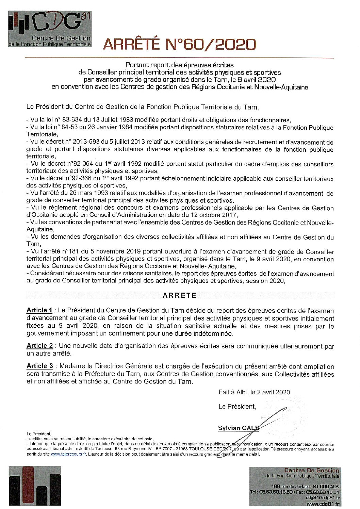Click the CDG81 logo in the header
tap(50, 29)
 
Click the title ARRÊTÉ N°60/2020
tap(179, 44)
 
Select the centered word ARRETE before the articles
tap(179, 295)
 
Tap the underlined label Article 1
tap(39, 310)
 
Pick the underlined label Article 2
tap(39, 346)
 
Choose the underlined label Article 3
tap(39, 366)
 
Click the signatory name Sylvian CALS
tap(238, 428)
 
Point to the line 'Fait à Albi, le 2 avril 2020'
tap(254, 392)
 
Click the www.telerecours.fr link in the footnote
tap(69, 454)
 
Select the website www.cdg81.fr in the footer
tap(323, 504)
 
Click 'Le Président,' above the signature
tap(237, 407)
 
